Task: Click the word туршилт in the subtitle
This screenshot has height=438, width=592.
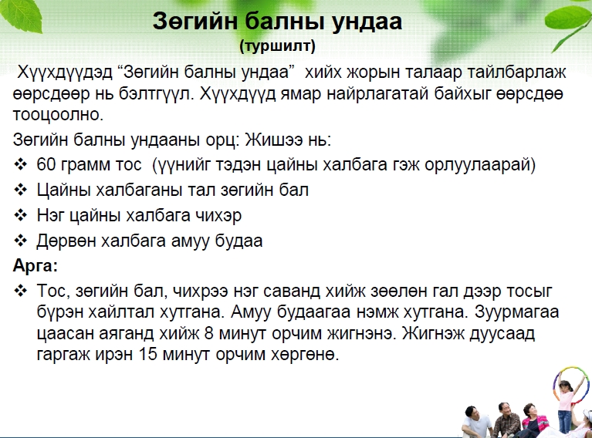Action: [x=278, y=45]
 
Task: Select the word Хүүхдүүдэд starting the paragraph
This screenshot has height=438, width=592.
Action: [x=65, y=72]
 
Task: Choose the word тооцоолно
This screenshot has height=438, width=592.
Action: [x=58, y=114]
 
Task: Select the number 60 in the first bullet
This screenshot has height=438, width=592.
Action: [x=46, y=164]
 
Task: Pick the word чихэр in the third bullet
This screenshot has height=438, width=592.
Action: [x=218, y=216]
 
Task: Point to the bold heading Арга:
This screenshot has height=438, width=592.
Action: [x=36, y=266]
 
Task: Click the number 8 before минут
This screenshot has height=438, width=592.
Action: [x=209, y=333]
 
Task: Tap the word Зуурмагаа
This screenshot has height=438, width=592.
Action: [x=517, y=312]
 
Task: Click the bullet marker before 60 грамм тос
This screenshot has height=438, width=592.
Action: [x=20, y=164]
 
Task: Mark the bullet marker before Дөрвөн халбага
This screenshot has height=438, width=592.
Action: [x=20, y=241]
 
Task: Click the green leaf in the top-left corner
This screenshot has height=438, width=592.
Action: [x=21, y=15]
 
